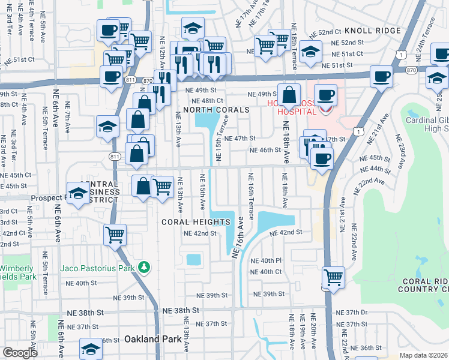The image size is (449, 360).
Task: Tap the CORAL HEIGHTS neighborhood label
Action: click(196, 222)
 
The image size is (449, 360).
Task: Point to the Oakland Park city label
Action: click(152, 339)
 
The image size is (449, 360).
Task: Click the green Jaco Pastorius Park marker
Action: click(143, 266)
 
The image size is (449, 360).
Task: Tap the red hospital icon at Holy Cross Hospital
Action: click(325, 110)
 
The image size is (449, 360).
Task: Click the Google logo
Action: click(20, 353)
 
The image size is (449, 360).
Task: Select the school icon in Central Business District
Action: click(78, 193)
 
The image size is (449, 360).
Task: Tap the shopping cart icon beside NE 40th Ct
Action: click(333, 277)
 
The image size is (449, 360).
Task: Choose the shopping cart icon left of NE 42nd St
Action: click(115, 235)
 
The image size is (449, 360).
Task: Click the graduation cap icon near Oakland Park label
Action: click(91, 349)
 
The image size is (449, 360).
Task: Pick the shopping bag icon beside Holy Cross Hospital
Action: click(289, 95)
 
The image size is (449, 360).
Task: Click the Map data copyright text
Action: click(423, 355)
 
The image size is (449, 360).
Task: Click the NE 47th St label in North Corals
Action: click(241, 138)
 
